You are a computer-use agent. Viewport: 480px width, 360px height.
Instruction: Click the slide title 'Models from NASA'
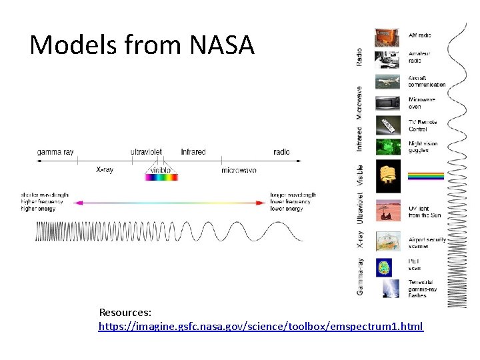tap(142, 45)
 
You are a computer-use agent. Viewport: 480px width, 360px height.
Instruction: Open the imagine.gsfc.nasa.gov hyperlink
tap(261, 327)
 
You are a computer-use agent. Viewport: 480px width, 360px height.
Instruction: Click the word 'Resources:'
tap(125, 312)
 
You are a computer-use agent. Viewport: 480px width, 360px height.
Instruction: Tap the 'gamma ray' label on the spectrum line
tap(55, 152)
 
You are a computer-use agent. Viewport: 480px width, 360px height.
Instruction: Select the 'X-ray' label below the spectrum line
tap(105, 170)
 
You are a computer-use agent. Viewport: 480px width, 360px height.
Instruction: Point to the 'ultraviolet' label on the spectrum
tap(146, 152)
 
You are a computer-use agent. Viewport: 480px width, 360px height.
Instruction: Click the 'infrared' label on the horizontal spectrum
tap(193, 152)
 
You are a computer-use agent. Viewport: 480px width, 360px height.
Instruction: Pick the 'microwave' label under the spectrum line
tap(239, 171)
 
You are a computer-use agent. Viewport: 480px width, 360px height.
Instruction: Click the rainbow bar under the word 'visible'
tap(161, 177)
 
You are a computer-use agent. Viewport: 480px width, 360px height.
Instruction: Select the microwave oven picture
tap(387, 103)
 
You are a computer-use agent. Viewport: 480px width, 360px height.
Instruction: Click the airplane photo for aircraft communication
tap(387, 81)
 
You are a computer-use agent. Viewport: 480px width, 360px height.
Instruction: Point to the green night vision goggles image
tap(387, 147)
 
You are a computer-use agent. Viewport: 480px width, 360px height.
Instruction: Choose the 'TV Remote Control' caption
tap(423, 125)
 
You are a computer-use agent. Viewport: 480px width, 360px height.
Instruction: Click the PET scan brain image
tap(383, 267)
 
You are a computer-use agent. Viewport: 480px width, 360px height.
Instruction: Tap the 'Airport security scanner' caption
tap(427, 243)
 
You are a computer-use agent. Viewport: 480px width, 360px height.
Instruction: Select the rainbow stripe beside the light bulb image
tap(425, 176)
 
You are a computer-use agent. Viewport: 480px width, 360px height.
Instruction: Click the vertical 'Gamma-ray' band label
tap(360, 277)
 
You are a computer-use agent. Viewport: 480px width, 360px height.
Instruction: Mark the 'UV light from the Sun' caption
tap(424, 211)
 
